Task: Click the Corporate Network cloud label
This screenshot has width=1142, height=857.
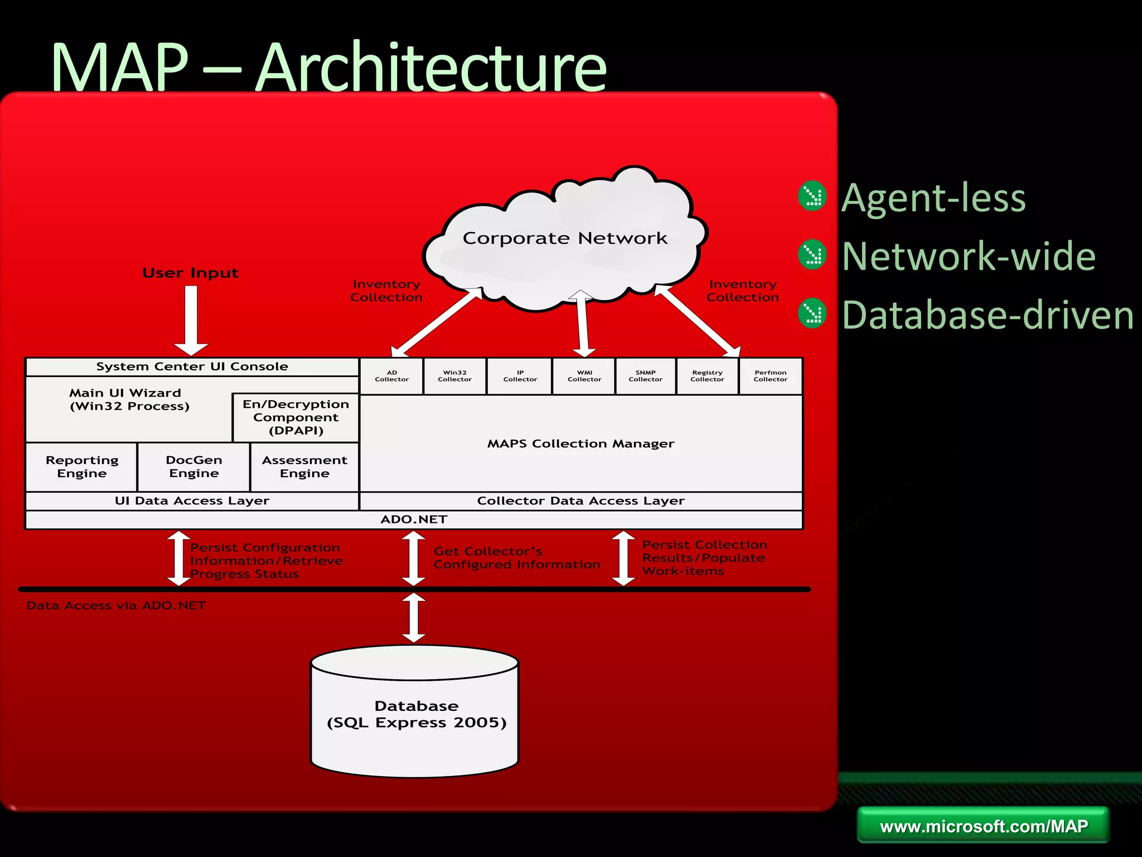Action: (x=564, y=238)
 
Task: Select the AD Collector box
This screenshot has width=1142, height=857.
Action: (x=391, y=376)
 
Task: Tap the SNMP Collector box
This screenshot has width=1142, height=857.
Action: (x=645, y=376)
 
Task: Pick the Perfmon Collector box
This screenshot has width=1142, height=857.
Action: (x=770, y=376)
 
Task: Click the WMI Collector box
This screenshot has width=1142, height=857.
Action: (x=584, y=376)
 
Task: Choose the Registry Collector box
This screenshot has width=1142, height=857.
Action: (x=707, y=376)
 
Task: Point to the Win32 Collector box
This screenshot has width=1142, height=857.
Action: (x=454, y=376)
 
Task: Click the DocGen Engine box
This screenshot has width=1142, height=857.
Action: (x=193, y=466)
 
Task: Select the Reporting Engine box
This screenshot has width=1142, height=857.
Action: (x=82, y=466)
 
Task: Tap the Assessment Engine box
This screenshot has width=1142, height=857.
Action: (x=304, y=466)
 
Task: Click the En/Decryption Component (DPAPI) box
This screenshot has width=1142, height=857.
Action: (x=296, y=417)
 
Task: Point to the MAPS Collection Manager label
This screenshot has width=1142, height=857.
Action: (x=580, y=444)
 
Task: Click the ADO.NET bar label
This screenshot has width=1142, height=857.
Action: (x=414, y=519)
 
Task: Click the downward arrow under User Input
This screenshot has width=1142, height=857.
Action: (x=191, y=320)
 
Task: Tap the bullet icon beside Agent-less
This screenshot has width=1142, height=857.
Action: (x=812, y=196)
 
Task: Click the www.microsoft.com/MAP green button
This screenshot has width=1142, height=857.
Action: (x=983, y=826)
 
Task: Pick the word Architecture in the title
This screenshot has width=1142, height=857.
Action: (x=430, y=68)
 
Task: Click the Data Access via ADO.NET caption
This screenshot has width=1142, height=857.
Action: (x=116, y=605)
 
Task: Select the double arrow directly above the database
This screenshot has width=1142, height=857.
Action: (x=414, y=617)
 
